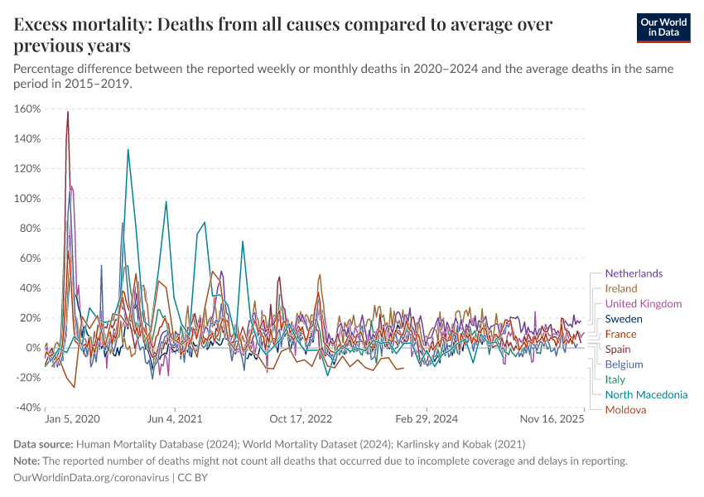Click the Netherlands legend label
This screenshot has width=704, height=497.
[x=634, y=273]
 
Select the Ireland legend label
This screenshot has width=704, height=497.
[x=621, y=288]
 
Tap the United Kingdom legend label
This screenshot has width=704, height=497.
[x=643, y=304]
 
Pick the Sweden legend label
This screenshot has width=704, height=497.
[x=624, y=319]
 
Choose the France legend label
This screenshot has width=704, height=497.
[x=620, y=334]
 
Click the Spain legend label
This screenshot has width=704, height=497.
[x=619, y=349]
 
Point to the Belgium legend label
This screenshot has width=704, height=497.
[x=624, y=364]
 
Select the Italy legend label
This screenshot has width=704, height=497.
[x=615, y=379]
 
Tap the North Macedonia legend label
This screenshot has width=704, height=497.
[x=646, y=394]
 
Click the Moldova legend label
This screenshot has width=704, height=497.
[x=625, y=409]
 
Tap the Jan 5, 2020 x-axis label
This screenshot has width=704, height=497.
[x=72, y=420]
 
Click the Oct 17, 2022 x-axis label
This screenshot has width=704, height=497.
[x=301, y=420]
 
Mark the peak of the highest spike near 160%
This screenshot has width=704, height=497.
[x=68, y=112]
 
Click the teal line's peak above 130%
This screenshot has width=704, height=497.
[x=128, y=150]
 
